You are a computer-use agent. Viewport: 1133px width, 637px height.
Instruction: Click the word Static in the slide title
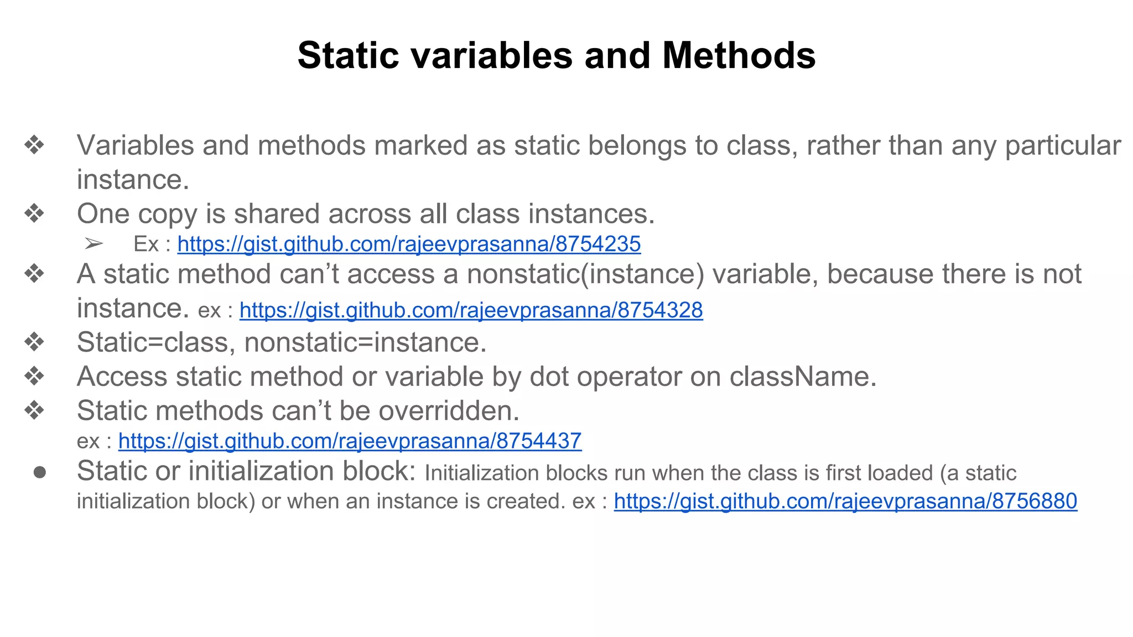click(x=348, y=55)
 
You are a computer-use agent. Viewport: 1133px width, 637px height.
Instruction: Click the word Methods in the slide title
click(x=739, y=55)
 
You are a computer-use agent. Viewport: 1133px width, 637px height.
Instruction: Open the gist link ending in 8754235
click(x=409, y=244)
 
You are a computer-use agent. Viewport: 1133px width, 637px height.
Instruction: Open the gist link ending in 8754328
click(x=471, y=310)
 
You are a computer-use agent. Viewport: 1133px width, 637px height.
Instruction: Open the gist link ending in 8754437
click(x=350, y=441)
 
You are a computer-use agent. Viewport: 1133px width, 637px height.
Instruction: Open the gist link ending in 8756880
click(x=845, y=501)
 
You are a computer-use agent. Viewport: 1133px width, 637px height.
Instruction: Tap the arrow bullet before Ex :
click(x=94, y=243)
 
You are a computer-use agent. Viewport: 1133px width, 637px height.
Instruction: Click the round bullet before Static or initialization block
click(x=39, y=472)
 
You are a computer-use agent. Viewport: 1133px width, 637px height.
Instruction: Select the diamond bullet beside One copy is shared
click(x=34, y=213)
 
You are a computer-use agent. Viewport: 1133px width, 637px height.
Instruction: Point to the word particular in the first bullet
click(x=1063, y=146)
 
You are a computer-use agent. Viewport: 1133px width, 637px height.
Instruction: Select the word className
click(x=803, y=377)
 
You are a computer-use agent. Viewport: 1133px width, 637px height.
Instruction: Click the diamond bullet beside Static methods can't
click(x=34, y=410)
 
